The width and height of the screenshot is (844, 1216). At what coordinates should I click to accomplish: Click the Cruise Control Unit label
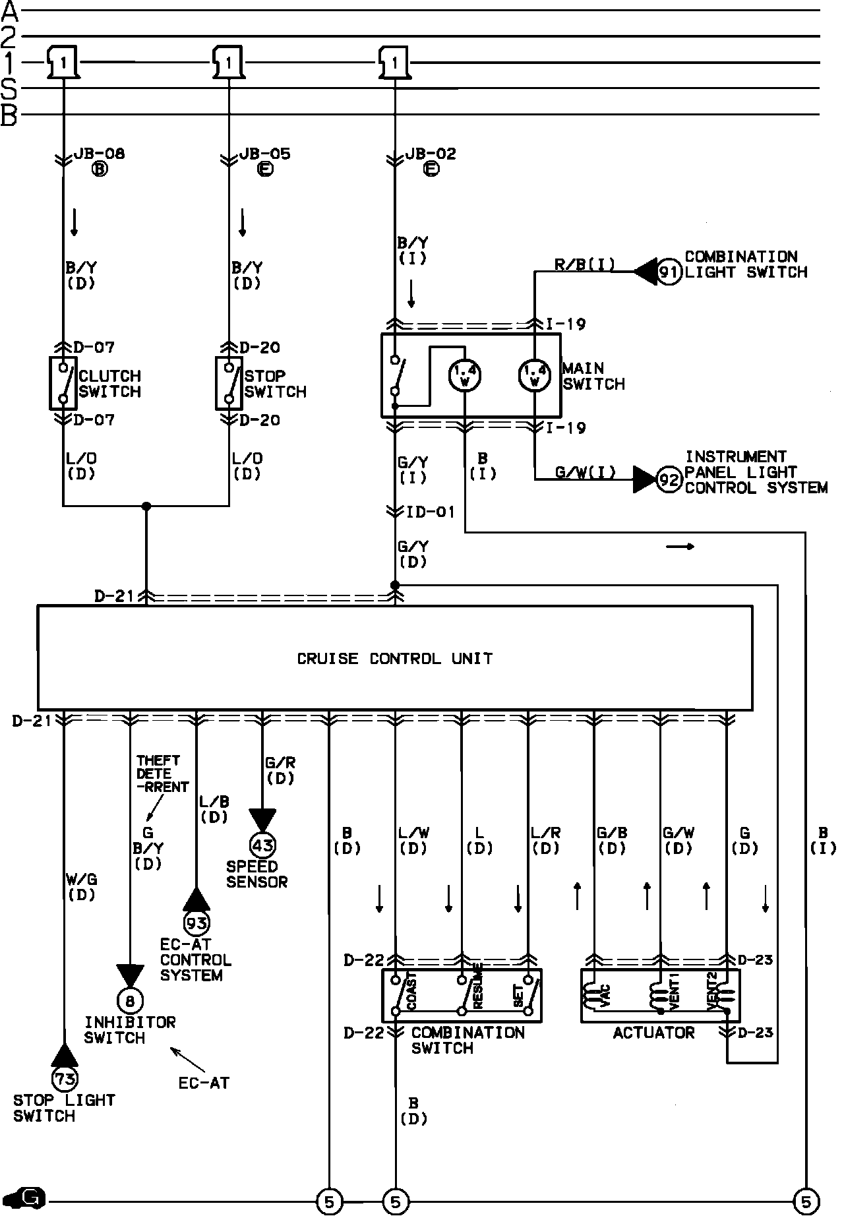click(x=394, y=659)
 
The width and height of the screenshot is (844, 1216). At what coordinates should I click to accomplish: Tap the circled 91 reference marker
click(x=669, y=272)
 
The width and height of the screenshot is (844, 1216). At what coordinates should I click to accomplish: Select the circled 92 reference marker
click(x=669, y=479)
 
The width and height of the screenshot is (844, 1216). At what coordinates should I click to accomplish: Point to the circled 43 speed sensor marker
click(x=262, y=845)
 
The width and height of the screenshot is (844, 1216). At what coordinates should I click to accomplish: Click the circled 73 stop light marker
click(x=64, y=1079)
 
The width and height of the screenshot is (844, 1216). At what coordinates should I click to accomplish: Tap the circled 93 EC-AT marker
click(x=196, y=924)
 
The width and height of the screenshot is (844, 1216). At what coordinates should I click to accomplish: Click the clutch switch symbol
click(x=63, y=383)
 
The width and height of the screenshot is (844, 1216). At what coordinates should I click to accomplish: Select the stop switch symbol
click(x=229, y=383)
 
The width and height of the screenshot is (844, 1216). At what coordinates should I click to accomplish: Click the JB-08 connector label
click(x=99, y=154)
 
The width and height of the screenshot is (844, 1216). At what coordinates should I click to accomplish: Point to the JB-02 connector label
click(x=430, y=154)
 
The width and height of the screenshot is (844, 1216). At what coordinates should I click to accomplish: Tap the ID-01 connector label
click(x=430, y=512)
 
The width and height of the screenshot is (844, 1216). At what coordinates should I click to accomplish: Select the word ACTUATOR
click(x=653, y=1033)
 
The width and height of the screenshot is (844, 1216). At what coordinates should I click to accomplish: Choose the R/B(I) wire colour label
click(x=584, y=265)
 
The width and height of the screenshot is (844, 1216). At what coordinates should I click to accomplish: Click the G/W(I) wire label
click(x=585, y=472)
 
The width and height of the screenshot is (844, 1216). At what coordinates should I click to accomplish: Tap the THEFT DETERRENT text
click(x=162, y=774)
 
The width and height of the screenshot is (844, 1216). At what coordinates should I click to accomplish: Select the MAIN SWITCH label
click(x=593, y=376)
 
